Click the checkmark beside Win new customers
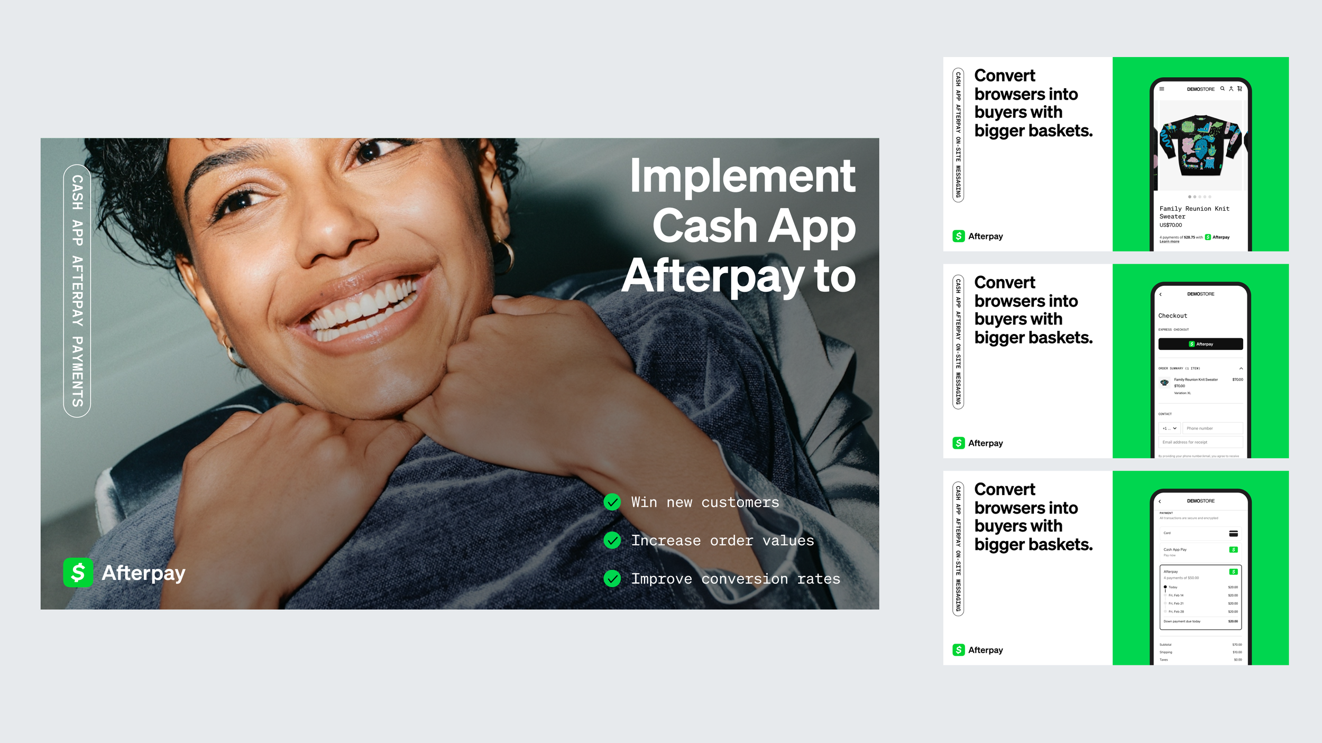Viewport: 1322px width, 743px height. pos(612,502)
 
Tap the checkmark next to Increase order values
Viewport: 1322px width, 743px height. pos(612,540)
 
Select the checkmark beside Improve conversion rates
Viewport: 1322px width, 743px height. pos(612,579)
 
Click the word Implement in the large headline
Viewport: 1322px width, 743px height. pos(742,176)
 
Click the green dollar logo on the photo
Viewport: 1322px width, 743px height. pos(78,573)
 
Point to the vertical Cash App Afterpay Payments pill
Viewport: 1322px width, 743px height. pos(77,291)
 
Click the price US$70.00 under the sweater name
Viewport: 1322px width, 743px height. pos(1171,225)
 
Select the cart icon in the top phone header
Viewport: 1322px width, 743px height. pos(1240,89)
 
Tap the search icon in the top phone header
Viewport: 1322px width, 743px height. pos(1223,89)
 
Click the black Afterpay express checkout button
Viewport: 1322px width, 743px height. pos(1200,344)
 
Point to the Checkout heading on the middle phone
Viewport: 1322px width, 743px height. pos(1172,316)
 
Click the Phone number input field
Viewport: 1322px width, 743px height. pos(1214,428)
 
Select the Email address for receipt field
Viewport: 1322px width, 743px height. pos(1200,442)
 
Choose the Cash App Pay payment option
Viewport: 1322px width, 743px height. pos(1200,552)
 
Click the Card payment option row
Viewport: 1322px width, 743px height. pos(1200,533)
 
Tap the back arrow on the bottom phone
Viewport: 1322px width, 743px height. pos(1160,501)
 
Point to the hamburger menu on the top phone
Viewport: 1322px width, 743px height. pos(1162,89)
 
